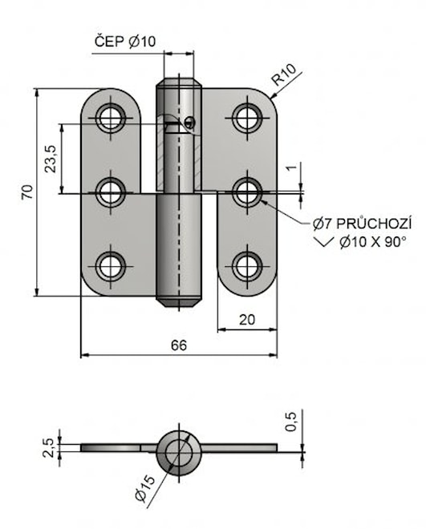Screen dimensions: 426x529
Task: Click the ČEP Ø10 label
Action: coord(125,42)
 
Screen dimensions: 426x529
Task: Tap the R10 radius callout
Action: coord(284,75)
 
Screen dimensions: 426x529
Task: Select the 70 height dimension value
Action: coord(28,192)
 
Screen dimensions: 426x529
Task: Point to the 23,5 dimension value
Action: coord(51,159)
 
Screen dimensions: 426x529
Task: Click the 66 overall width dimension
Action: coord(179,345)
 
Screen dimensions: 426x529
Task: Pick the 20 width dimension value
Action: coord(247,320)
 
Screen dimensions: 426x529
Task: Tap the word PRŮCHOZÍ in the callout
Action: coord(374,224)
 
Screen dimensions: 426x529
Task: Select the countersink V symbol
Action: coord(324,241)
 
